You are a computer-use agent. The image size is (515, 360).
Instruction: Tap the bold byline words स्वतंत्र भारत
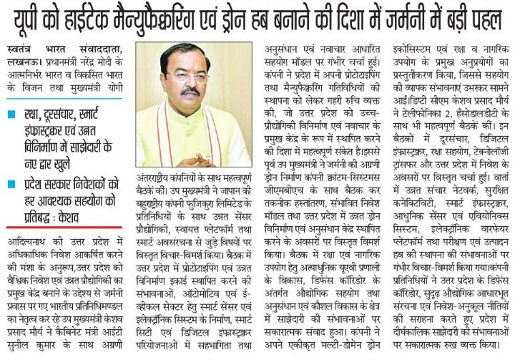33,49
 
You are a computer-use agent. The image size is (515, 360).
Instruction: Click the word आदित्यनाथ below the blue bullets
28,238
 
